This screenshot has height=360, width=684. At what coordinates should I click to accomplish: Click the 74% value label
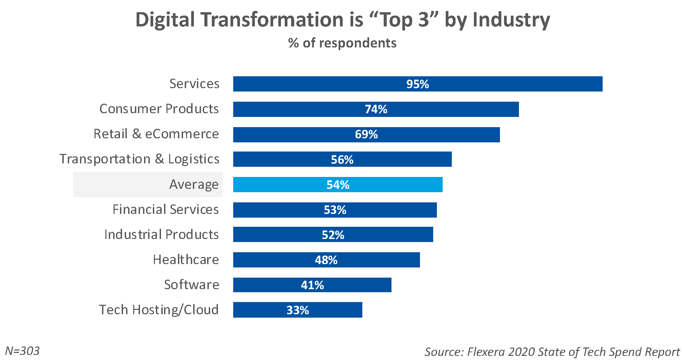click(x=376, y=109)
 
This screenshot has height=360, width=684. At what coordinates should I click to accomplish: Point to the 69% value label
click(x=366, y=135)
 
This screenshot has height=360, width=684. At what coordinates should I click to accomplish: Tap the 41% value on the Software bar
click(x=312, y=285)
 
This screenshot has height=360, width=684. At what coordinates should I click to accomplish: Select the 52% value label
click(x=333, y=235)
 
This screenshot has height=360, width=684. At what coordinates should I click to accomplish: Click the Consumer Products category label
click(x=159, y=109)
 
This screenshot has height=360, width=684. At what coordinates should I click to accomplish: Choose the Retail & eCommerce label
click(x=156, y=134)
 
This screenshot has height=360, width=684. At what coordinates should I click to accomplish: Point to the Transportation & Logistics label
click(x=139, y=159)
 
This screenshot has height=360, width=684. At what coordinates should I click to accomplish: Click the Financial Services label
click(x=165, y=209)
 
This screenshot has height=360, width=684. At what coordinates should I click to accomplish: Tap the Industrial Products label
click(x=161, y=235)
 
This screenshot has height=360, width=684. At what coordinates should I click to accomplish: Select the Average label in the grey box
click(x=194, y=184)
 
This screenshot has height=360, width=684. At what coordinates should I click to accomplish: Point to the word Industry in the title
click(x=511, y=20)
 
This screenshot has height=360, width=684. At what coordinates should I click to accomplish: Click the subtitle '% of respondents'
click(x=342, y=43)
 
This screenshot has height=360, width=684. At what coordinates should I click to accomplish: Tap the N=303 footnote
click(x=22, y=351)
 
